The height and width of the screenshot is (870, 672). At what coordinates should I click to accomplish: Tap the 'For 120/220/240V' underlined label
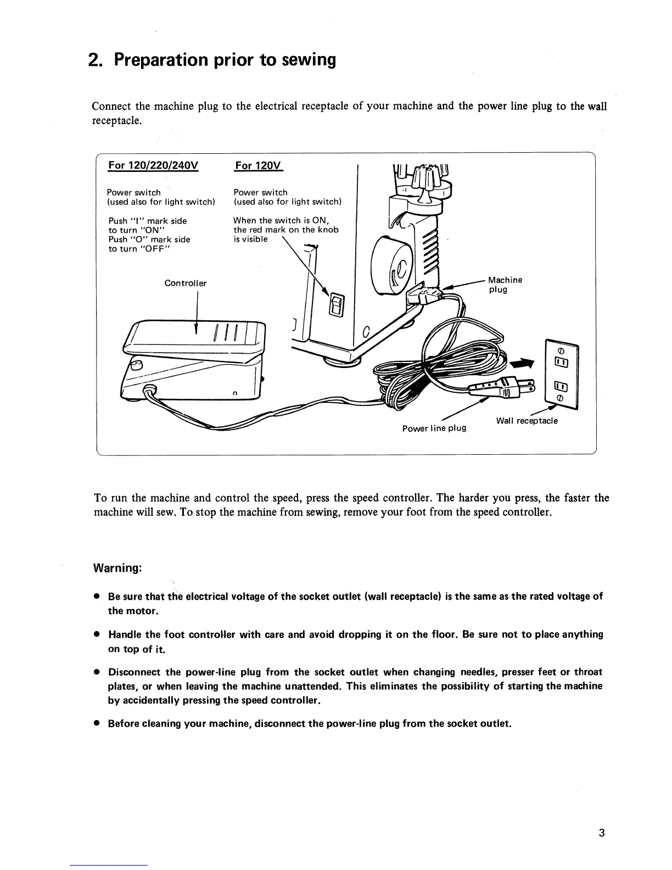pyautogui.click(x=153, y=165)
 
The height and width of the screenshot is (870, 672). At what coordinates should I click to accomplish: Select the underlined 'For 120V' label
pyautogui.click(x=257, y=165)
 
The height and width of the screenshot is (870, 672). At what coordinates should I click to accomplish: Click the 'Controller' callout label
pyautogui.click(x=186, y=283)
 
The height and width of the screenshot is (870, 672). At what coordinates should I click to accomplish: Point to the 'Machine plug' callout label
pyautogui.click(x=505, y=285)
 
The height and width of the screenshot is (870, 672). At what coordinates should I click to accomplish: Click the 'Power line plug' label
pyautogui.click(x=434, y=428)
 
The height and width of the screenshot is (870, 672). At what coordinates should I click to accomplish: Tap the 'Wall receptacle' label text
pyautogui.click(x=527, y=421)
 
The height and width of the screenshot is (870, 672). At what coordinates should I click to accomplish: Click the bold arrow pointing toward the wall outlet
pyautogui.click(x=522, y=362)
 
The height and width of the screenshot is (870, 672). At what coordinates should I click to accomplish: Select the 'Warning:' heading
pyautogui.click(x=119, y=568)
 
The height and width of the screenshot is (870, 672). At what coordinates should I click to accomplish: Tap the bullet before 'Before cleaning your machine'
pyautogui.click(x=96, y=724)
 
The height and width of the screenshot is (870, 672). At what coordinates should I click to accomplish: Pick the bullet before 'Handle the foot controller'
pyautogui.click(x=96, y=635)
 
